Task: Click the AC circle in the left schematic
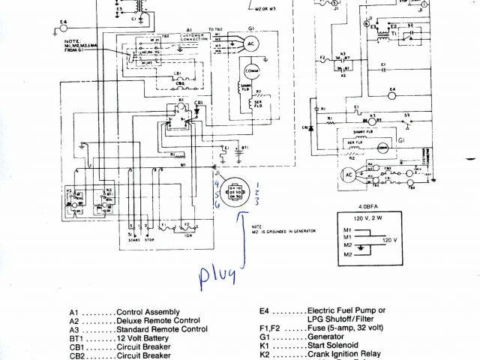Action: pos(250,44)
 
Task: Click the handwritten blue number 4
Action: pos(216,183)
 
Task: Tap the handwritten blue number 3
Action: pos(256,202)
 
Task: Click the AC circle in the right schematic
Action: pos(347,174)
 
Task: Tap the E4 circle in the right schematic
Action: pos(391,97)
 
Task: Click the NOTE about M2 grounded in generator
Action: pos(283,229)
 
